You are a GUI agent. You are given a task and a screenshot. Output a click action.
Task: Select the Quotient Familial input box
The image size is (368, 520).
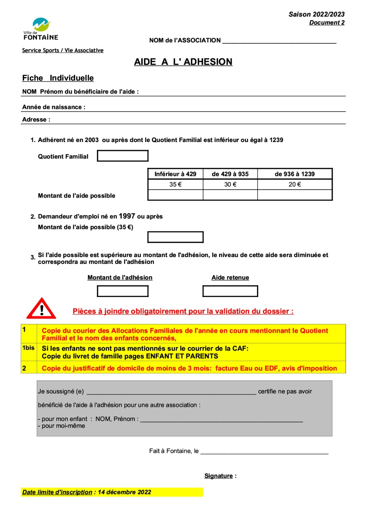pyautogui.click(x=123, y=156)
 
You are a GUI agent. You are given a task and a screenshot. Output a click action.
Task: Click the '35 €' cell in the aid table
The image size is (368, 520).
pyautogui.click(x=175, y=184)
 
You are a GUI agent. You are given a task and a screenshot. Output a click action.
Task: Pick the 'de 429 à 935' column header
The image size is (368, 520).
pyautogui.click(x=230, y=174)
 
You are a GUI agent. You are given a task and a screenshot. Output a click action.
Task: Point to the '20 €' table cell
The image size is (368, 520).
pyautogui.click(x=294, y=184)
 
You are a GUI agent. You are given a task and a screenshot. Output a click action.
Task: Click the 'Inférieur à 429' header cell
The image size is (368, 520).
pyautogui.click(x=175, y=174)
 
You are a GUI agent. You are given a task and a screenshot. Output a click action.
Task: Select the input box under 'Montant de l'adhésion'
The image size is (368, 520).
pyautogui.click(x=123, y=291)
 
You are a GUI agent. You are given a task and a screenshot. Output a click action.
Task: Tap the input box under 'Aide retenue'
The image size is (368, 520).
pyautogui.click(x=230, y=291)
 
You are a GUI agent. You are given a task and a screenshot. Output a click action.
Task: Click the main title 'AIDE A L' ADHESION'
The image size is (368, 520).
pyautogui.click(x=183, y=62)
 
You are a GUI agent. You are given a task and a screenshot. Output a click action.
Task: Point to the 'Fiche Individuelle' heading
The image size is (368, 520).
pyautogui.click(x=58, y=78)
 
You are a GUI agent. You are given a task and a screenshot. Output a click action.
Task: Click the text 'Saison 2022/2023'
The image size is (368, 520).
pyautogui.click(x=316, y=14)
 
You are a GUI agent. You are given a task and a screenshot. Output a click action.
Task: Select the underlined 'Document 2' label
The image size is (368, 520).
pyautogui.click(x=327, y=22)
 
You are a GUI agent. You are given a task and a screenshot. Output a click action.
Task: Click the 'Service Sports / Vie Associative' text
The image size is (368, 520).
pyautogui.click(x=63, y=50)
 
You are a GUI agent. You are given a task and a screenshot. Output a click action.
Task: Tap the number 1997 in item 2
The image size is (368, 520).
pyautogui.click(x=127, y=216)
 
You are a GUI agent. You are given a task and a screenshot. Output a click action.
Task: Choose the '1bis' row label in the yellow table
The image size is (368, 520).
pyautogui.click(x=28, y=348)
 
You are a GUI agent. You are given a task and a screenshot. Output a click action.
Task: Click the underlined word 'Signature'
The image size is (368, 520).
pyautogui.click(x=218, y=476)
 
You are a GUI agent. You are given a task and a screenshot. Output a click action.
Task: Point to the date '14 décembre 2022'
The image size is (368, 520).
pyautogui.click(x=124, y=492)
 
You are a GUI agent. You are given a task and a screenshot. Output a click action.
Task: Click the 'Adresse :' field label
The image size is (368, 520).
pyautogui.click(x=36, y=120)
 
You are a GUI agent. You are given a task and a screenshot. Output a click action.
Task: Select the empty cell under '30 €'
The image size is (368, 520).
pyautogui.click(x=230, y=195)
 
